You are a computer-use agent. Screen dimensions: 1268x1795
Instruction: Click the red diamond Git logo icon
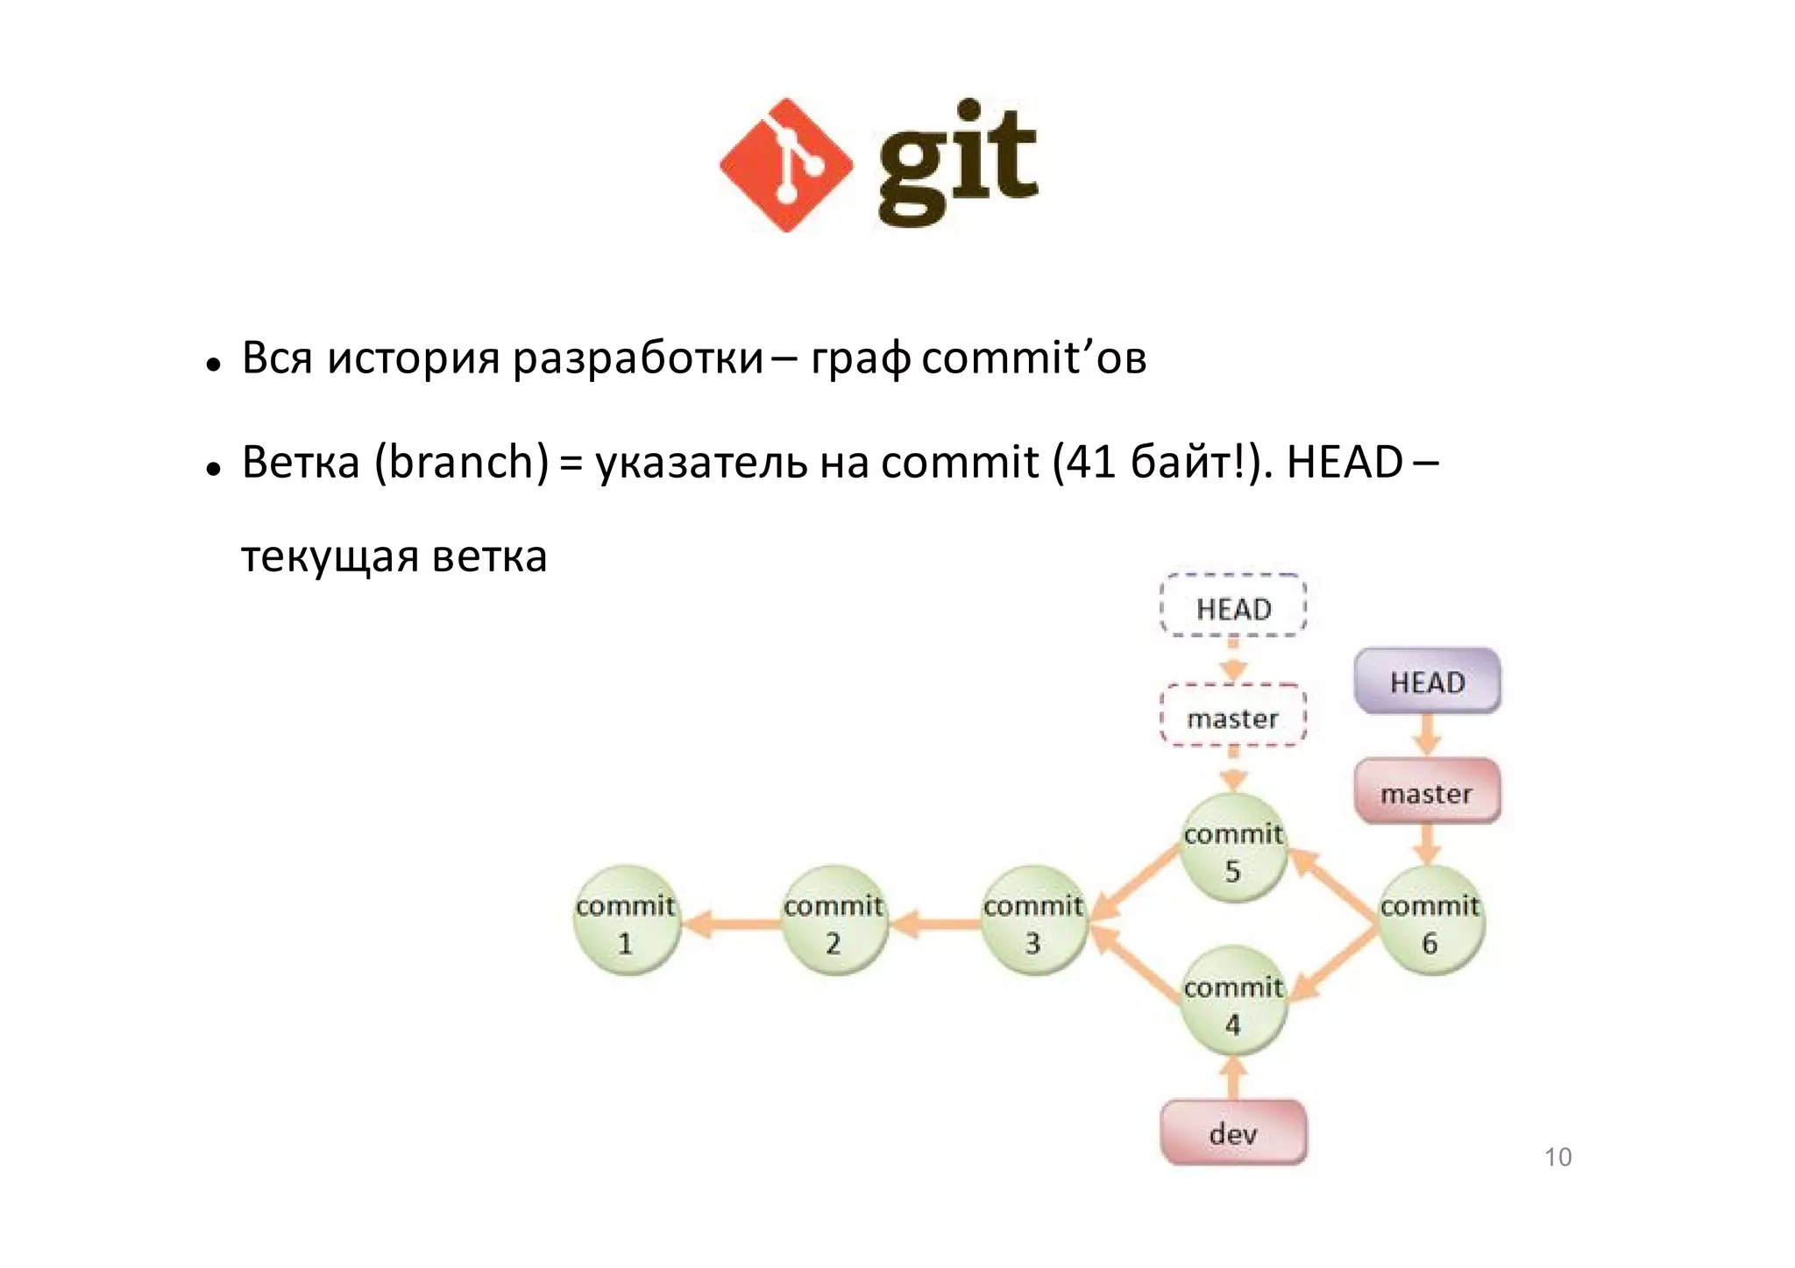pos(785,166)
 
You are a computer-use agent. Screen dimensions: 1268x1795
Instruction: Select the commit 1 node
pos(626,921)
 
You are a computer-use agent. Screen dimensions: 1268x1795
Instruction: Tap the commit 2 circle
pos(834,921)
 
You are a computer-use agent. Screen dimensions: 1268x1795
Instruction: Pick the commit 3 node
pos(1033,921)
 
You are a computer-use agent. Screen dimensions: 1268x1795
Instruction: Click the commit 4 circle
pos(1233,1002)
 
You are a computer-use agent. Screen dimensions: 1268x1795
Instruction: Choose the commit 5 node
pos(1233,849)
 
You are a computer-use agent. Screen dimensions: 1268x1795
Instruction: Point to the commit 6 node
pos(1430,921)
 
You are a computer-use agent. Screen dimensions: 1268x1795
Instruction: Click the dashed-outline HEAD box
pos(1233,607)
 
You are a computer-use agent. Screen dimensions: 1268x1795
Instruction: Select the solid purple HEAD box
pos(1428,682)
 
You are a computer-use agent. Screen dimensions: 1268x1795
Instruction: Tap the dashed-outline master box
pos(1233,718)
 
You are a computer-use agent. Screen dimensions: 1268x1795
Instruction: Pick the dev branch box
pos(1233,1133)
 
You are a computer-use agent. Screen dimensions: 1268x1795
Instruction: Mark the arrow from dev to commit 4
pos(1233,1078)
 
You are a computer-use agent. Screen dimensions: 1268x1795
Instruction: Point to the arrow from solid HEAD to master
pos(1428,735)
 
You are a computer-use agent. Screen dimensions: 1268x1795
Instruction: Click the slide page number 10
pos(1557,1158)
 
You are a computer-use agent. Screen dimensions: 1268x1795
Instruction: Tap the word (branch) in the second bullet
pos(462,462)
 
